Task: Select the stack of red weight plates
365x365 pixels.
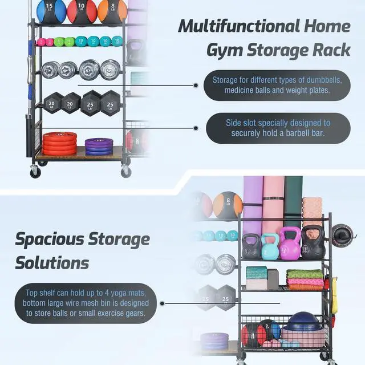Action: [x=59, y=143]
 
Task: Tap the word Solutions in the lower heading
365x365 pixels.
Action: [x=52, y=263]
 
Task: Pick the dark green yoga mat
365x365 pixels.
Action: [x=294, y=202]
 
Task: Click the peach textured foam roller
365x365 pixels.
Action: [x=313, y=212]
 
